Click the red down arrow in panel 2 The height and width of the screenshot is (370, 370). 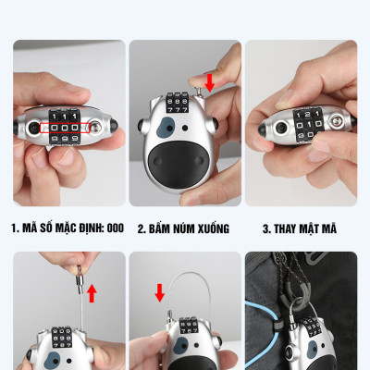coord(210,83)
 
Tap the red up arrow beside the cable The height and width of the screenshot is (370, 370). coord(92,294)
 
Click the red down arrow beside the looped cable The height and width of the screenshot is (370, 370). coord(159,294)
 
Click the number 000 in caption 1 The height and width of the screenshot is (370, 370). coord(115,228)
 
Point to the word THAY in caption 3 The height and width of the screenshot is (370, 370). coord(289,228)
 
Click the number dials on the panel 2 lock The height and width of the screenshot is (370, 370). coord(176,96)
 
